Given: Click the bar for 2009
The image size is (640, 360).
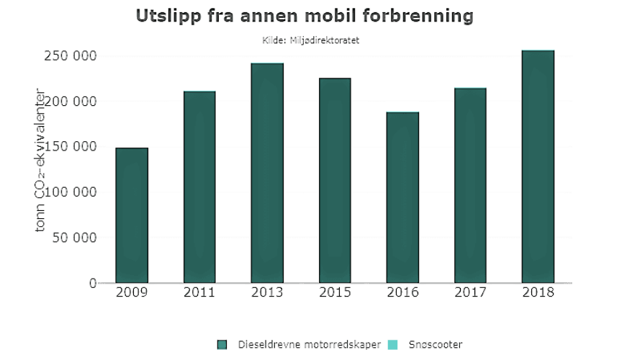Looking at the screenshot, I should tap(132, 215).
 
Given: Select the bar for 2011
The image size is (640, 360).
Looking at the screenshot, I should tap(199, 187).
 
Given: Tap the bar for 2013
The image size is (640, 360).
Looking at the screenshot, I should tap(267, 173).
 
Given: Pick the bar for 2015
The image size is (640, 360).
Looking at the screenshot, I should tap(335, 180).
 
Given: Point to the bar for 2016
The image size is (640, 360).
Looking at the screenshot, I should tap(402, 197).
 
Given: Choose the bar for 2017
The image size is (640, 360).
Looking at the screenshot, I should tap(470, 185).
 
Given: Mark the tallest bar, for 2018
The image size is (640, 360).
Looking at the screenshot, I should tap(538, 166).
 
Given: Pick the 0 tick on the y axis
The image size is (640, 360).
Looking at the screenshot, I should tap(92, 283).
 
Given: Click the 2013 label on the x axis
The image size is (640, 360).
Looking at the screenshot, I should tap(267, 294).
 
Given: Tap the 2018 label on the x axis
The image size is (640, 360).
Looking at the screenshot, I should tap(538, 294).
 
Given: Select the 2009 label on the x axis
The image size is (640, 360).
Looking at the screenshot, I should tap(132, 294).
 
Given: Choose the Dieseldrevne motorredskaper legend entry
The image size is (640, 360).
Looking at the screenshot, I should tap(308, 345).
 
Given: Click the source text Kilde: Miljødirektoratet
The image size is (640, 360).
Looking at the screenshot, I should tap(311, 40).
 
